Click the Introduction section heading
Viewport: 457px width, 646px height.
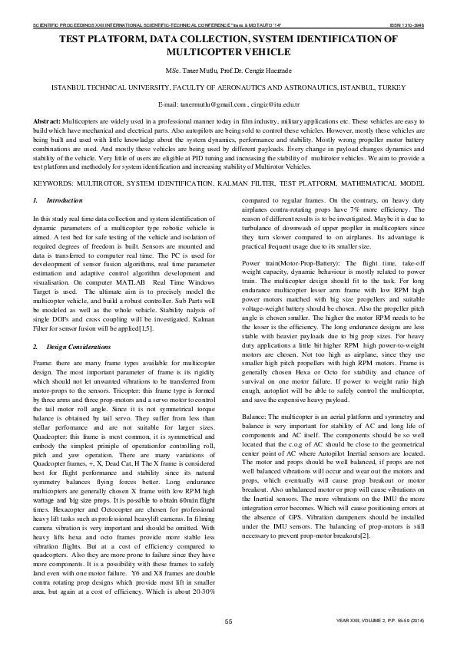click(65, 201)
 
